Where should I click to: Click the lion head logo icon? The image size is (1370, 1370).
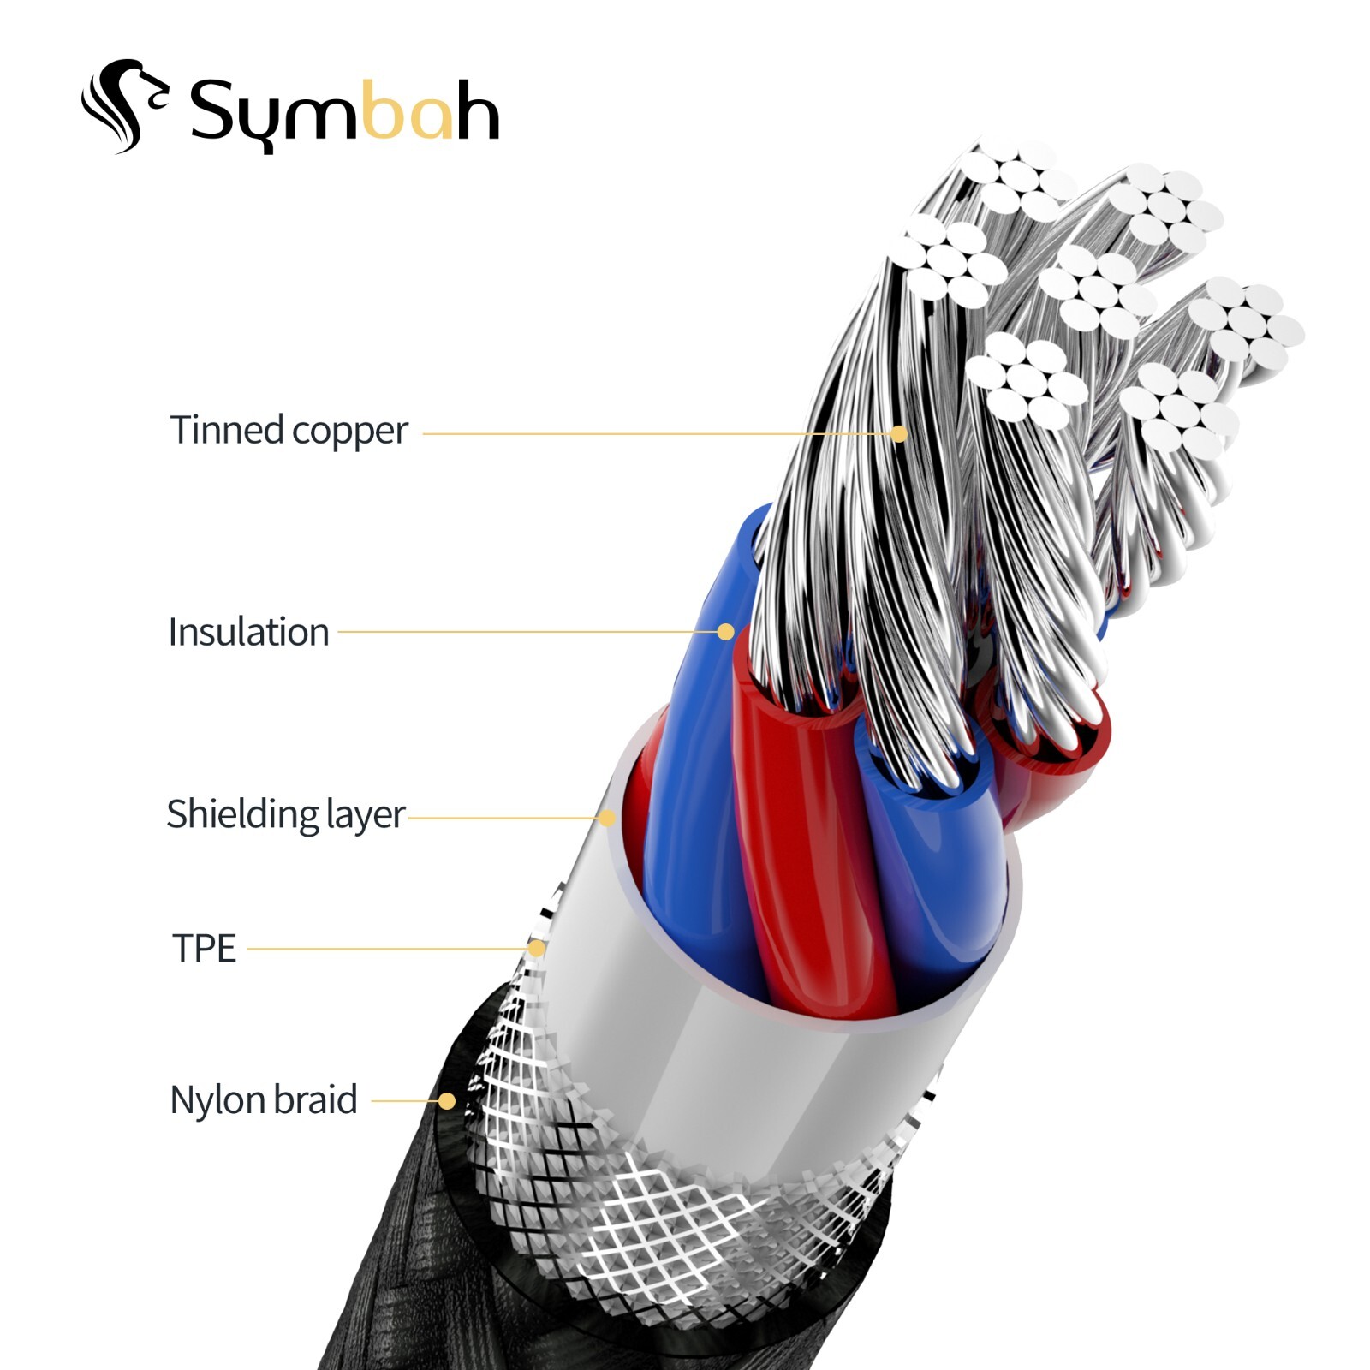coord(124,105)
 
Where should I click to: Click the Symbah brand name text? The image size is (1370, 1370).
coord(342,111)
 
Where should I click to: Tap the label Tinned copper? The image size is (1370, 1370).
coord(289,431)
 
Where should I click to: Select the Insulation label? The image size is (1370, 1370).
coord(248,633)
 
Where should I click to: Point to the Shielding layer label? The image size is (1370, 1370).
coord(285,814)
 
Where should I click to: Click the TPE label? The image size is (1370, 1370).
coord(204,949)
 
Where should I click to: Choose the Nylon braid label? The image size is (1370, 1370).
coord(263,1100)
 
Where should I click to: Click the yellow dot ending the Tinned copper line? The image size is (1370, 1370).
coord(898,434)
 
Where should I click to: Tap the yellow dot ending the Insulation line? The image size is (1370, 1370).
coord(725,632)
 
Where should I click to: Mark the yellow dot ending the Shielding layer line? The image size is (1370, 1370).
coord(607,818)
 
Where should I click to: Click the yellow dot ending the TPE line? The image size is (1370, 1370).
coord(536,949)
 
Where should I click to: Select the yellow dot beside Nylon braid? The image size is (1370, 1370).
coord(446,1101)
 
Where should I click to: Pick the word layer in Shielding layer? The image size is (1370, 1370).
coord(365,815)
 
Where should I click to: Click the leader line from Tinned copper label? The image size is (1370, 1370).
coord(651,434)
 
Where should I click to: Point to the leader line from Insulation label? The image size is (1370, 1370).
coord(522,632)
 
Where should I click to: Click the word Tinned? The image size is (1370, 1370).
coord(226,430)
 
